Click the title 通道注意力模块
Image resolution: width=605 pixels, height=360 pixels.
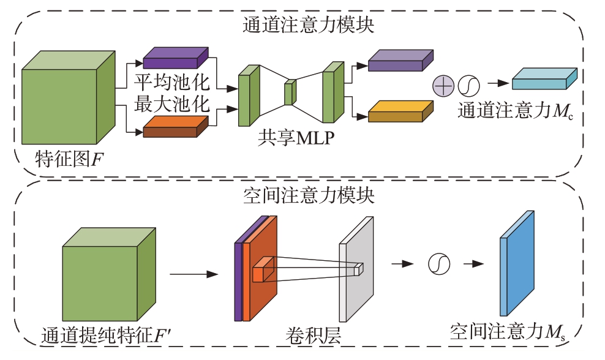(x=308, y=25)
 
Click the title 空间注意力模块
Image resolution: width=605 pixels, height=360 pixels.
(x=308, y=195)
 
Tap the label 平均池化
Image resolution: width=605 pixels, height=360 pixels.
(x=171, y=82)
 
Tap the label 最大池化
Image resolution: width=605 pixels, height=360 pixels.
(x=171, y=104)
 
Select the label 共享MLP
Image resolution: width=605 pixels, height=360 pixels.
(x=296, y=138)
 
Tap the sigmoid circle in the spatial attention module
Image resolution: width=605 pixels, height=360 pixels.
(x=439, y=264)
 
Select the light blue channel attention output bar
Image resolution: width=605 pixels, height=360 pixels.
(x=544, y=79)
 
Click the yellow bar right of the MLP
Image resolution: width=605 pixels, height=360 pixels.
(x=400, y=111)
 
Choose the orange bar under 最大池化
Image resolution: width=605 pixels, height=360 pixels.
(x=176, y=126)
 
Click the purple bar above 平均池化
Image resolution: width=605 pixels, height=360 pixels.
(x=176, y=58)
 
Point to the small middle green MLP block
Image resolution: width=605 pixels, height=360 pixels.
(x=290, y=92)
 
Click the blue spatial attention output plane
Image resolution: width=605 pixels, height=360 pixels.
(x=517, y=263)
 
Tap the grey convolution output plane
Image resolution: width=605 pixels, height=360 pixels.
(x=356, y=269)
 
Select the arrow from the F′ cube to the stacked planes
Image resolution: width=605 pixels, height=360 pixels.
(x=194, y=274)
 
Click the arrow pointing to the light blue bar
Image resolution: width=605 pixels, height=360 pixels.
(x=498, y=83)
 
